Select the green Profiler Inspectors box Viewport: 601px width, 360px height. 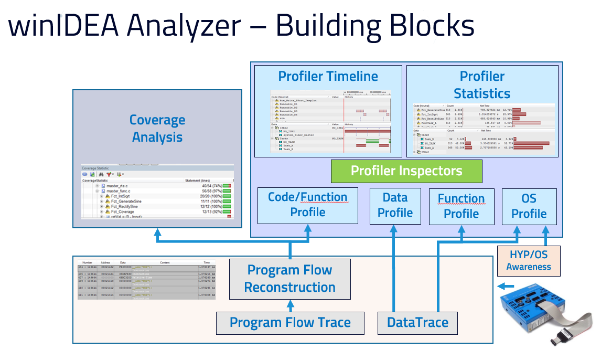pyautogui.click(x=406, y=171)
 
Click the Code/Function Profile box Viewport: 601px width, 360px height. pyautogui.click(x=307, y=205)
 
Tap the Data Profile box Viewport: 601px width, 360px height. pyautogui.click(x=394, y=205)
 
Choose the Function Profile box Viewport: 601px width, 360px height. pyautogui.click(x=461, y=206)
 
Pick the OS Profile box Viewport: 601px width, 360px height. pyautogui.click(x=529, y=206)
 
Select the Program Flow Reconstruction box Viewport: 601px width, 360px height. pyautogui.click(x=290, y=279)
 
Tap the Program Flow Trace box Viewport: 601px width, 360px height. pyautogui.click(x=290, y=322)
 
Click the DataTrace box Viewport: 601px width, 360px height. pyautogui.click(x=417, y=322)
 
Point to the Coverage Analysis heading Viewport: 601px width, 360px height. pyautogui.click(x=157, y=129)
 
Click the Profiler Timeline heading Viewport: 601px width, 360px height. pyautogui.click(x=328, y=76)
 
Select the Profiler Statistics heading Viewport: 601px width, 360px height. pyautogui.click(x=481, y=85)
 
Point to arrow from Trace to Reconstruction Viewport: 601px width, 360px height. pyautogui.click(x=290, y=305)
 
